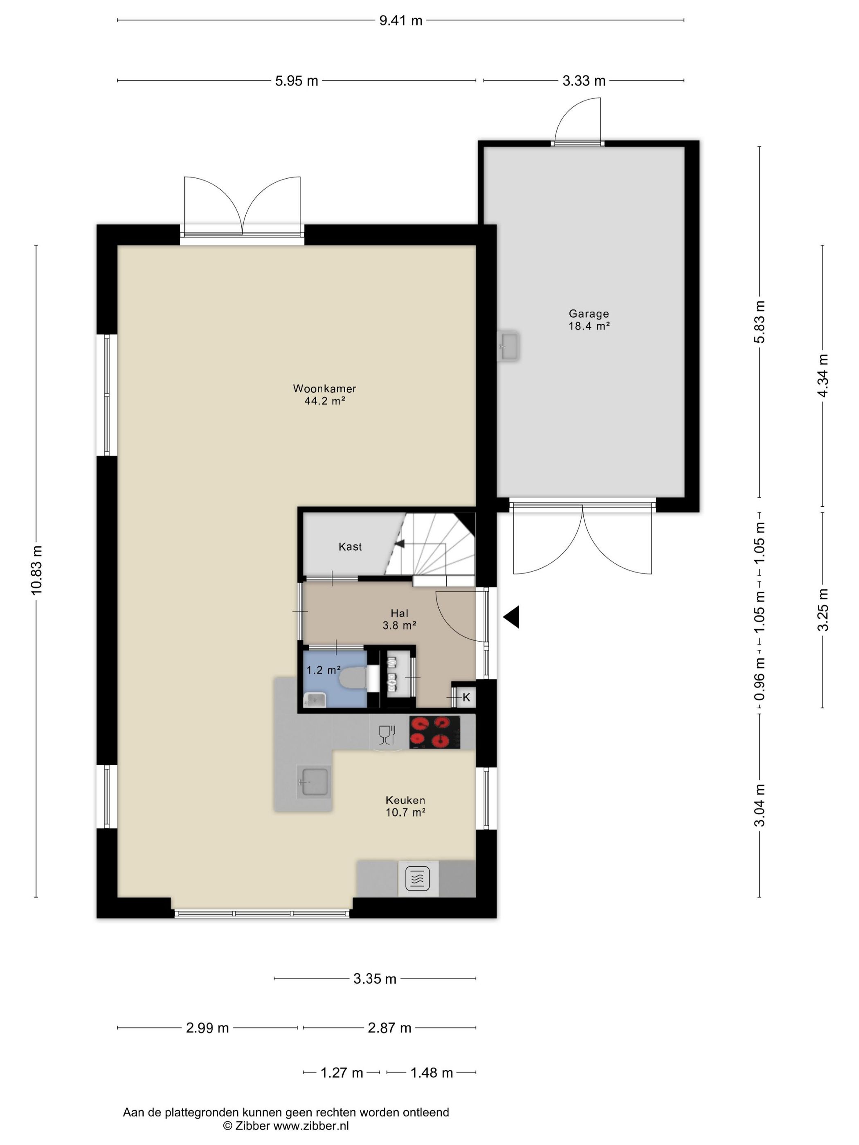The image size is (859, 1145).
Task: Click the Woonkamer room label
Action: tap(325, 388)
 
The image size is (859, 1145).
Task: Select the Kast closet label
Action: tap(350, 547)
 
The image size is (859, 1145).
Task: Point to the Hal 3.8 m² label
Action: tap(399, 620)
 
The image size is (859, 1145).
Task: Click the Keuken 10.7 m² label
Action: tap(405, 806)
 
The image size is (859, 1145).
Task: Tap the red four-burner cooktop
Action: tap(434, 732)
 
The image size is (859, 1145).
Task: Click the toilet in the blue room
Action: tap(354, 678)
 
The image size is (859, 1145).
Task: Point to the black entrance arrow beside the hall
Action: tap(511, 617)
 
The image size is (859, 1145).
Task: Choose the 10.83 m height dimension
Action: tap(37, 570)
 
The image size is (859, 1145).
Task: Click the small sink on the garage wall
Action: tap(508, 345)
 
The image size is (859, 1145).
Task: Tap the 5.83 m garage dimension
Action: tap(760, 321)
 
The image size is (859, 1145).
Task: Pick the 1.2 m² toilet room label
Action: tap(323, 670)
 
